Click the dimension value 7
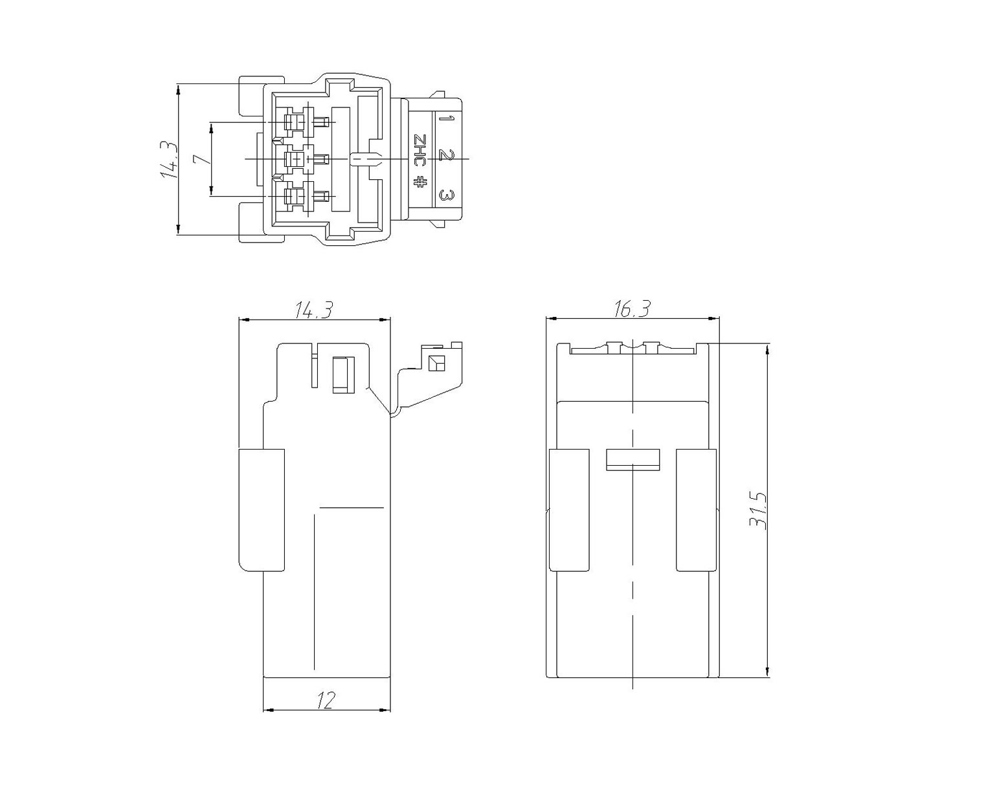point(202,159)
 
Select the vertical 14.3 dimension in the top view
point(168,160)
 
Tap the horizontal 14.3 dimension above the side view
point(313,310)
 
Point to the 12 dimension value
point(326,700)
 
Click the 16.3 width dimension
point(632,309)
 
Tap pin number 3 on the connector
point(447,195)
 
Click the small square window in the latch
point(436,363)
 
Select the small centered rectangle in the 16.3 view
point(633,459)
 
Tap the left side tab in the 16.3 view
point(569,510)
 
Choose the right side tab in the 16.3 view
point(697,510)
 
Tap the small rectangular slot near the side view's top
point(344,375)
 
